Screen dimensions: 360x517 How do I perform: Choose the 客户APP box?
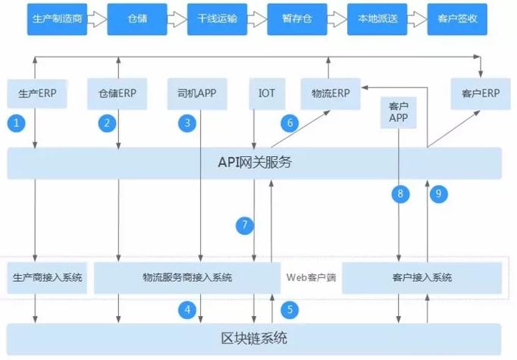pos(398,112)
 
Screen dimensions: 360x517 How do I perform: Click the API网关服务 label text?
pos(255,162)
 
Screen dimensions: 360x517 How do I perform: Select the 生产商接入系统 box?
pos(46,278)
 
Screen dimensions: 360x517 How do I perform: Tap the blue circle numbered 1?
pos(16,122)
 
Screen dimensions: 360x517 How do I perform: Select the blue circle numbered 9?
pos(437,194)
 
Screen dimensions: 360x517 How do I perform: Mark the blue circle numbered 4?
pos(186,309)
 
